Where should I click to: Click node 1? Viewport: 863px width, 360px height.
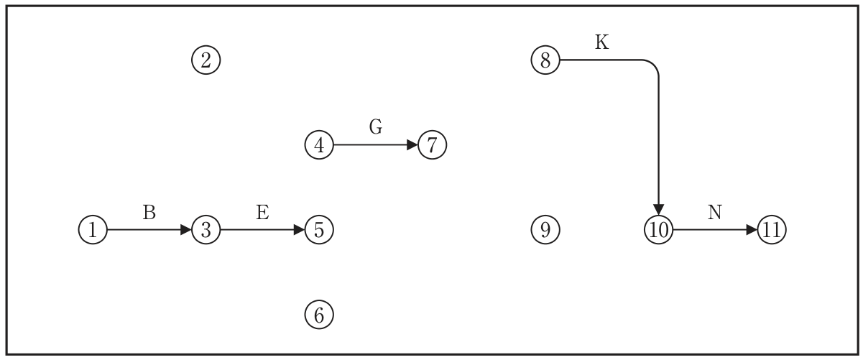(93, 230)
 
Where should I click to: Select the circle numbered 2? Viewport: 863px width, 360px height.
(206, 60)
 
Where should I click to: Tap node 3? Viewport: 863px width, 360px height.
(206, 230)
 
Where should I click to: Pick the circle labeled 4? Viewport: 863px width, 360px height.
(319, 145)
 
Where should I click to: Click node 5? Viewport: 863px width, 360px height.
(319, 230)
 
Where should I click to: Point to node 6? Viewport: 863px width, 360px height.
(319, 315)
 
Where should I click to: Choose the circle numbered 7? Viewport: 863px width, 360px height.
(433, 145)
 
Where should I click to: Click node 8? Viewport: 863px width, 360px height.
(545, 60)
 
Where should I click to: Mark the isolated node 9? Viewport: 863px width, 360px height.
(545, 230)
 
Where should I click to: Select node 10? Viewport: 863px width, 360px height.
(659, 230)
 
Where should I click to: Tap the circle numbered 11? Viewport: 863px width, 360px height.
(772, 230)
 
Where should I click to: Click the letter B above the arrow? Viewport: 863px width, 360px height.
(149, 213)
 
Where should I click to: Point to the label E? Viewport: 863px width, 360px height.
(262, 213)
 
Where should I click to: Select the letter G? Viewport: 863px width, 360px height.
(376, 126)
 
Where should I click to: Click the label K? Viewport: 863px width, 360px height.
(602, 42)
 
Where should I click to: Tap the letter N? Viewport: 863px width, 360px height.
(715, 213)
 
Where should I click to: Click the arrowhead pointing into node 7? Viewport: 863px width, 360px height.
(412, 145)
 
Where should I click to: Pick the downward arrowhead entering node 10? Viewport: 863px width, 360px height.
(659, 210)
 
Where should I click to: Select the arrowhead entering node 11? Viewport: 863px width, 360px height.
(752, 230)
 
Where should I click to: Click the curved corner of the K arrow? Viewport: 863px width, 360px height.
(653, 65)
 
